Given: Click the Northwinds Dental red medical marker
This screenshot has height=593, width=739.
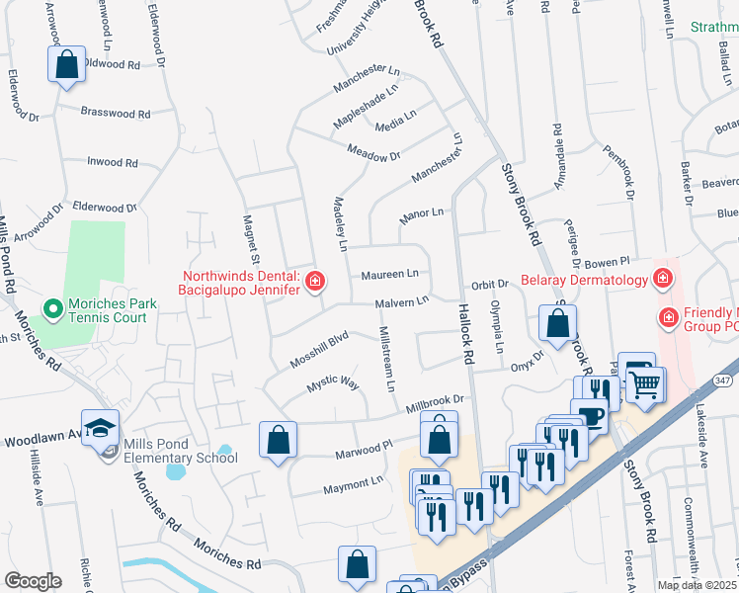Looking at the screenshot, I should pyautogui.click(x=315, y=283).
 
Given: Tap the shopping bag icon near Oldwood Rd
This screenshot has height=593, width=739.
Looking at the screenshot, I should pyautogui.click(x=65, y=65).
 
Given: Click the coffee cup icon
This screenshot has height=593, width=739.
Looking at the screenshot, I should pyautogui.click(x=592, y=417).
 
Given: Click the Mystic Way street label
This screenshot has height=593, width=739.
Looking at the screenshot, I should pyautogui.click(x=332, y=382).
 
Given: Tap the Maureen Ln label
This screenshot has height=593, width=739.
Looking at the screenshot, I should pyautogui.click(x=389, y=274).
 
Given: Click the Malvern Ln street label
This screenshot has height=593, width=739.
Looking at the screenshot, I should pyautogui.click(x=401, y=302).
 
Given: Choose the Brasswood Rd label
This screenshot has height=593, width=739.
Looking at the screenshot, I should pyautogui.click(x=116, y=114).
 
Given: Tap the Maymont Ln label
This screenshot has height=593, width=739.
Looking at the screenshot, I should pyautogui.click(x=353, y=482).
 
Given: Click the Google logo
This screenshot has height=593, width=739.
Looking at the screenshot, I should pyautogui.click(x=33, y=581).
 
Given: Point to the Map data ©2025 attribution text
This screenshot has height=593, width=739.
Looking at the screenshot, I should pyautogui.click(x=698, y=585).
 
